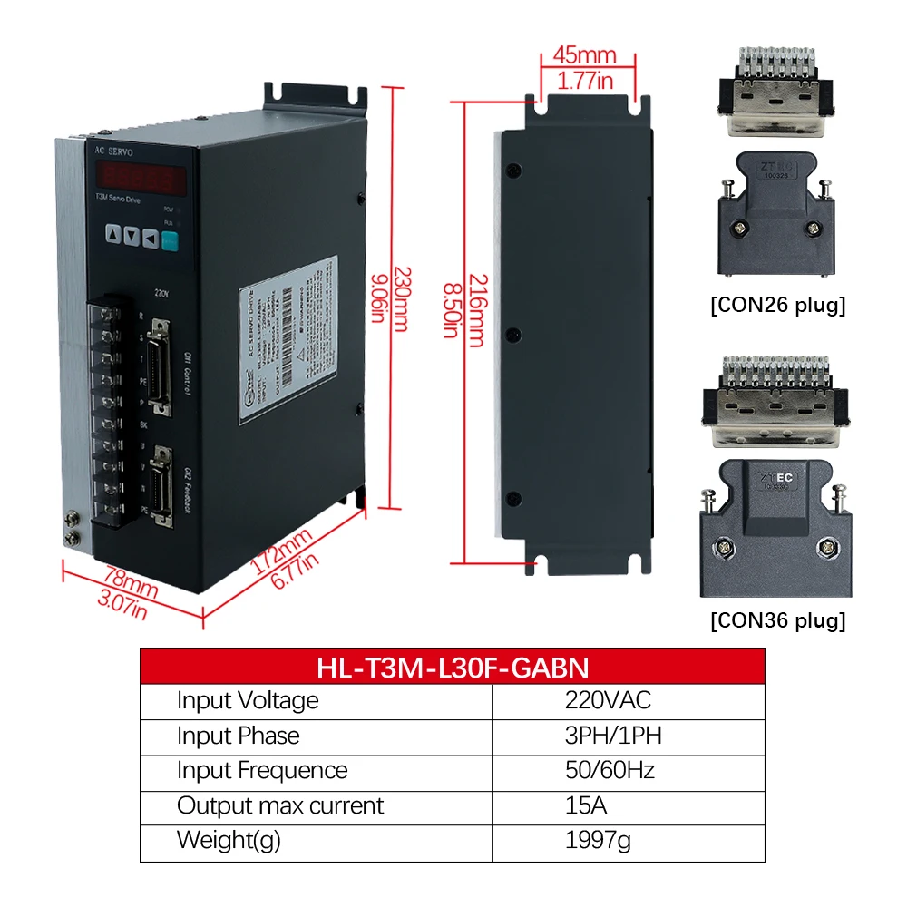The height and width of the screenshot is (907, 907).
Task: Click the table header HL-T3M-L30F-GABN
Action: [453, 668]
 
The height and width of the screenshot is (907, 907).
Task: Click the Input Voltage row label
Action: [248, 700]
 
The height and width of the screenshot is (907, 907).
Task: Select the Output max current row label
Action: [280, 805]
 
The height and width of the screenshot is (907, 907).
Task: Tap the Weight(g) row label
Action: [229, 840]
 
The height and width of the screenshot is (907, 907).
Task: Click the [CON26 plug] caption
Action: [777, 305]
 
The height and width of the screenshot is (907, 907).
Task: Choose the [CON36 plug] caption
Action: [777, 621]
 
